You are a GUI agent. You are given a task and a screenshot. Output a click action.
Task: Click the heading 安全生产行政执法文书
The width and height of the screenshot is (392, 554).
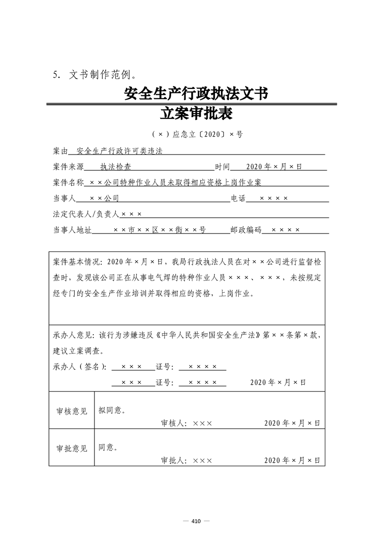(x=196, y=93)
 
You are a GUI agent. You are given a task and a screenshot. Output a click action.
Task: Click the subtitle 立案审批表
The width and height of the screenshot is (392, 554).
(x=196, y=114)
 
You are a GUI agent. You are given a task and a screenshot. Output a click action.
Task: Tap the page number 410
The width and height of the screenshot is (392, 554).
(x=196, y=521)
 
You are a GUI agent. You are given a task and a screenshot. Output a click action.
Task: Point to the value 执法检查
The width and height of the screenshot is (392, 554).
(x=116, y=167)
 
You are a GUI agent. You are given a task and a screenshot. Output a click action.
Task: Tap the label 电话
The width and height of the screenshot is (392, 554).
(x=238, y=198)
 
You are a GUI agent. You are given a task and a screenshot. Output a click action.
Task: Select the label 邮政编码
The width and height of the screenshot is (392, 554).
(x=246, y=230)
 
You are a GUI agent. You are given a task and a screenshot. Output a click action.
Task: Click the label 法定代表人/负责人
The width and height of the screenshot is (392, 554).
(x=86, y=214)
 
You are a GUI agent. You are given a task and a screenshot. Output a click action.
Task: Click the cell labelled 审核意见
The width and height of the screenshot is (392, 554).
(x=72, y=411)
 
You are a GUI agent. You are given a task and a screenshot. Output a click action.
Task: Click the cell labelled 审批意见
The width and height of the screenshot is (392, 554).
(x=72, y=448)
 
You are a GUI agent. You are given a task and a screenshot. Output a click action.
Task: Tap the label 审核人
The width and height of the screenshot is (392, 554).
(x=173, y=423)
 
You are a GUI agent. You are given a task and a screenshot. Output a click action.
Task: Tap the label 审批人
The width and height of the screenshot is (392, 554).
(x=173, y=460)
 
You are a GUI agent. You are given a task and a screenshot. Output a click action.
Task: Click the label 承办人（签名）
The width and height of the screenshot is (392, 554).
(x=79, y=367)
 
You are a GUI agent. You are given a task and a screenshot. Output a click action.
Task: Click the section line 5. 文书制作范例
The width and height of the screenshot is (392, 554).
(x=94, y=75)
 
